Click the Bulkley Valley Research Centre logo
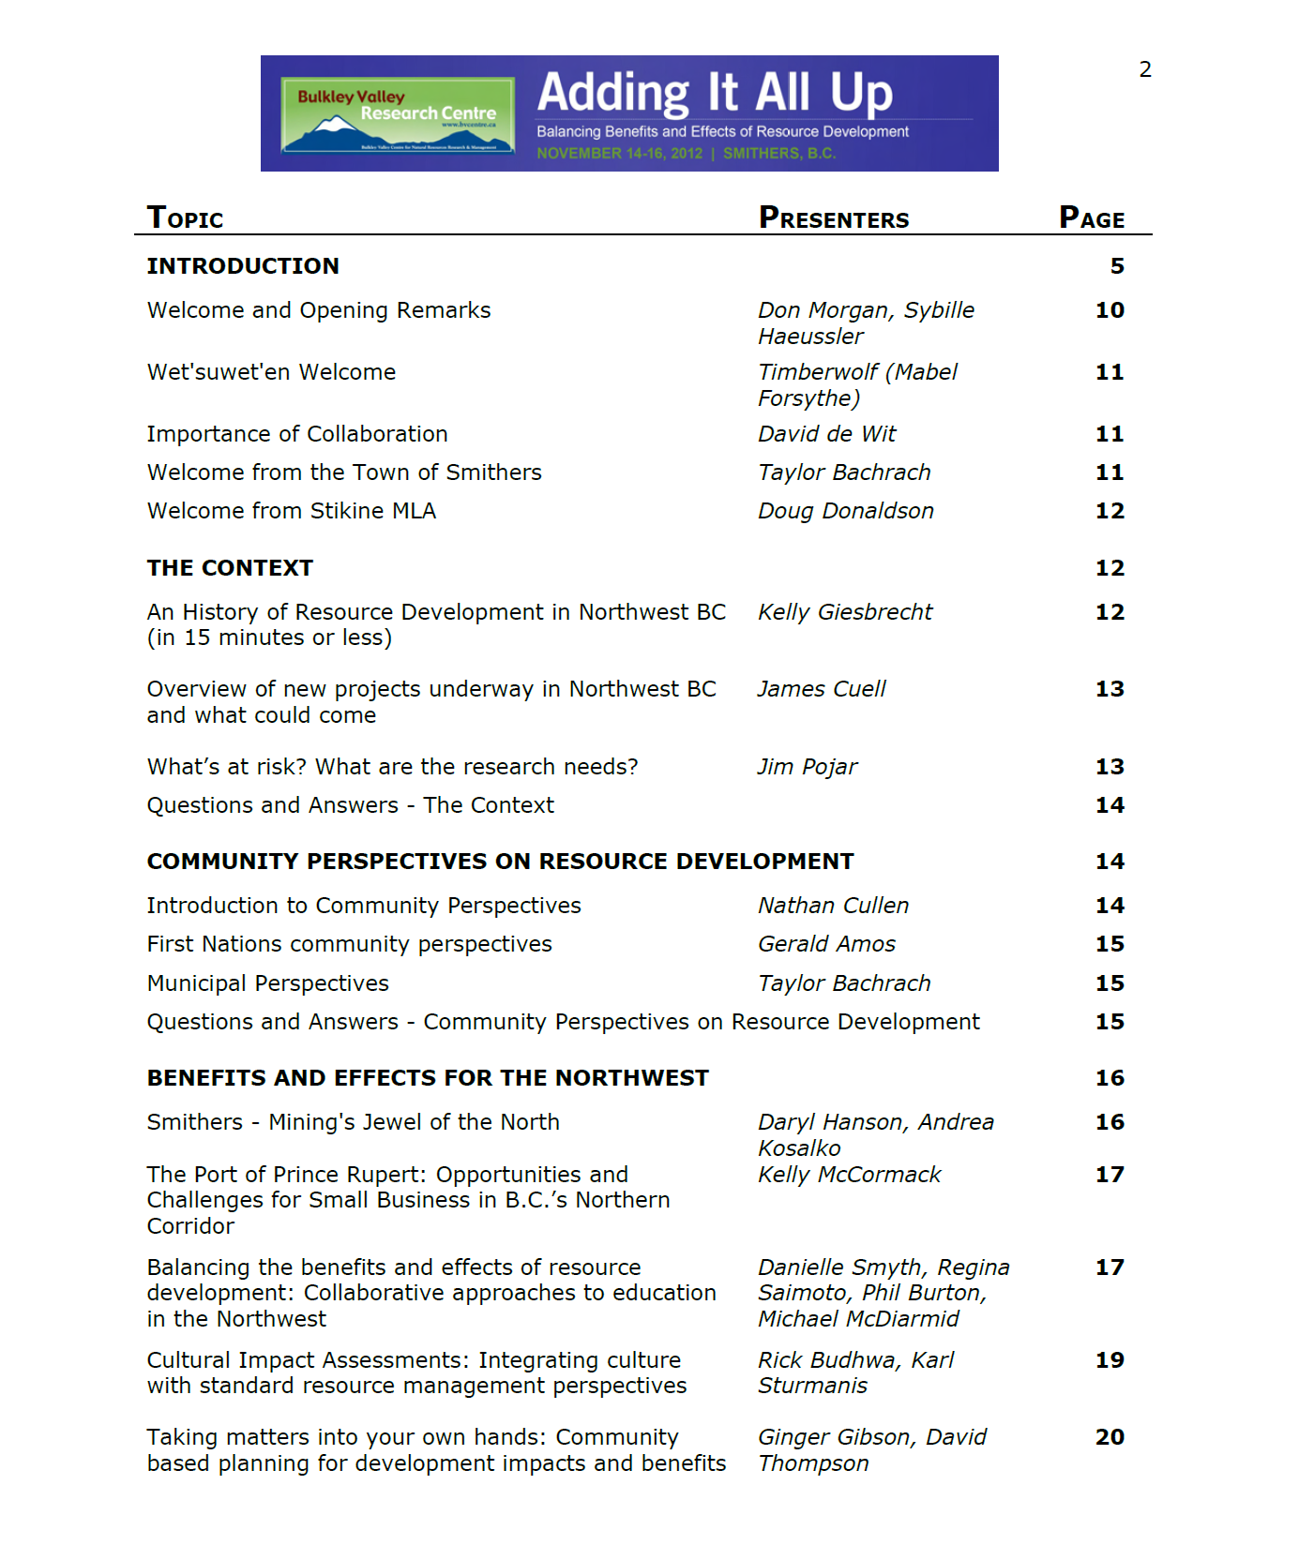point(398,114)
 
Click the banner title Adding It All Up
point(715,93)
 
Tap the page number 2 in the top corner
point(1145,69)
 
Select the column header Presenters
point(834,218)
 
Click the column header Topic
point(186,218)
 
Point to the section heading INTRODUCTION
point(243,266)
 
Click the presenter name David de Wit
point(827,434)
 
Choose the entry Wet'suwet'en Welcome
point(271,372)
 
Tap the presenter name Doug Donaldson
point(846,511)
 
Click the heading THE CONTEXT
point(230,568)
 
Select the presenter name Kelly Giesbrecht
point(845,612)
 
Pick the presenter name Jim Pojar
point(808,767)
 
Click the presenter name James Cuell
point(822,689)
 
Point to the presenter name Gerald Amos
point(826,944)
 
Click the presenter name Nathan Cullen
point(834,906)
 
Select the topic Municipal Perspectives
point(267,983)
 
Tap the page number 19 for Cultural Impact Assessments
point(1110,1360)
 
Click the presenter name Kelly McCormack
point(849,1175)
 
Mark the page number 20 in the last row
point(1110,1437)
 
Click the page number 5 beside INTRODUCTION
point(1117,266)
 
